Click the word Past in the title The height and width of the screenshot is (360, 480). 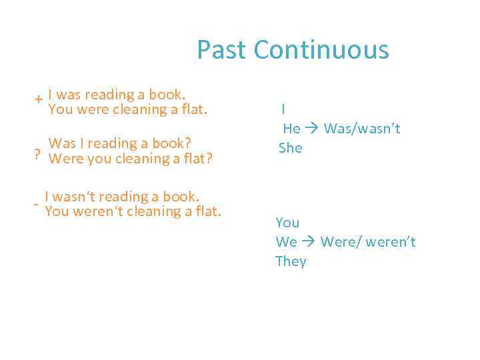coord(222,50)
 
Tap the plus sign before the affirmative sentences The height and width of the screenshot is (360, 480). coord(40,99)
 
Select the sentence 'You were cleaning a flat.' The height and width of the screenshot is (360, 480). coord(128,109)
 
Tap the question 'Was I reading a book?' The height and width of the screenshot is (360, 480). coord(121,143)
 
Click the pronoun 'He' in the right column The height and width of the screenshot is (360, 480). coord(291,129)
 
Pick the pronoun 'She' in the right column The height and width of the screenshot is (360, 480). coord(291,148)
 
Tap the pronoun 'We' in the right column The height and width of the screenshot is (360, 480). coord(286,241)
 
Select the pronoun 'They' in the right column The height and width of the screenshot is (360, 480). coord(291,261)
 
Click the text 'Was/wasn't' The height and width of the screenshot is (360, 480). coord(362,129)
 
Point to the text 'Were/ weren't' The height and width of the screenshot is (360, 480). coord(368,241)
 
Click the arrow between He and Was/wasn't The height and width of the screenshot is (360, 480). coord(312,129)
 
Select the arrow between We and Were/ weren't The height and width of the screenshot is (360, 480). coord(309,241)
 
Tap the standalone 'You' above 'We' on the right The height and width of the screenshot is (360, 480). coord(287,222)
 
